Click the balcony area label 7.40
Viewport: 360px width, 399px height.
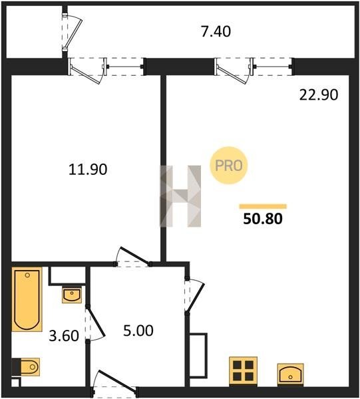pyautogui.click(x=216, y=31)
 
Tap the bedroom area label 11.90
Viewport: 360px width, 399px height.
pyautogui.click(x=88, y=170)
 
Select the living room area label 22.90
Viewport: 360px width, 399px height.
pyautogui.click(x=319, y=95)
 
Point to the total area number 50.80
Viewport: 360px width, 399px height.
pyautogui.click(x=263, y=219)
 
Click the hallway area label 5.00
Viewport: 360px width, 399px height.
pyautogui.click(x=138, y=331)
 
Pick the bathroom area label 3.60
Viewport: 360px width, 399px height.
pyautogui.click(x=64, y=336)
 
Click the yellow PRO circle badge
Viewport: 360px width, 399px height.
pyautogui.click(x=229, y=166)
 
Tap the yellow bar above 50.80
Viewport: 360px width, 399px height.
pyautogui.click(x=263, y=206)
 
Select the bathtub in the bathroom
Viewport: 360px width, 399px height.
pyautogui.click(x=27, y=299)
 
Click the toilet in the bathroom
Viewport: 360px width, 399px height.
pyautogui.click(x=26, y=367)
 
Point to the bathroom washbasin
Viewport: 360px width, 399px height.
pyautogui.click(x=72, y=295)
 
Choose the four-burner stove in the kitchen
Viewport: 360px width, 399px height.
pyautogui.click(x=243, y=371)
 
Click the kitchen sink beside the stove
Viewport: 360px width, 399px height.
pyautogui.click(x=290, y=374)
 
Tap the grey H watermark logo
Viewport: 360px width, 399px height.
pyautogui.click(x=180, y=196)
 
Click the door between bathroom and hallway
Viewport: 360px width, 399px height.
pyautogui.click(x=94, y=324)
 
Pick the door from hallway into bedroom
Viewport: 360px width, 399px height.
pyautogui.click(x=132, y=257)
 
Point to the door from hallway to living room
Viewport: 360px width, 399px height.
pyautogui.click(x=195, y=296)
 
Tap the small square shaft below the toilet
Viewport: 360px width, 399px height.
pyautogui.click(x=15, y=382)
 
